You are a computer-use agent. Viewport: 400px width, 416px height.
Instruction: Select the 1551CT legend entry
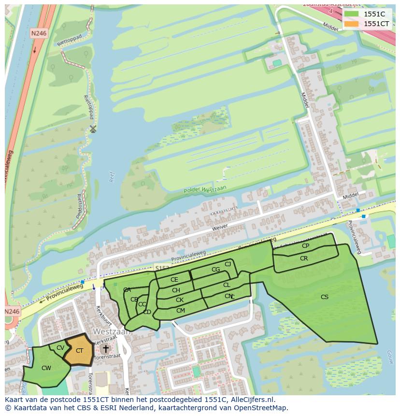tap(367, 24)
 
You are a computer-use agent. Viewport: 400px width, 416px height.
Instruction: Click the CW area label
tap(46, 368)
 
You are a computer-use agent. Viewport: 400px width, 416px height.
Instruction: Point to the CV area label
tap(60, 348)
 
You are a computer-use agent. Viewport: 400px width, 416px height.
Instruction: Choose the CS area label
tap(325, 297)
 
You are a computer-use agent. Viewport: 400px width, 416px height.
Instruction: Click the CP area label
tap(305, 246)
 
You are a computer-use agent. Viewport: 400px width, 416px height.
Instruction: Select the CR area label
tap(304, 258)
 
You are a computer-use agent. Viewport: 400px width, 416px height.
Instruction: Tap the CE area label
tap(174, 280)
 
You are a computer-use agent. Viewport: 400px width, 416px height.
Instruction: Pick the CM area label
tap(181, 311)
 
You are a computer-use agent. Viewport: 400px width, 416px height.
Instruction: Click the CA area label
tap(127, 290)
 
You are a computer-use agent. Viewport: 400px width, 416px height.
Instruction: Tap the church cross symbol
tap(105, 348)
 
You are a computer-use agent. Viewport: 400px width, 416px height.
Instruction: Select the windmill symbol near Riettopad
tap(93, 129)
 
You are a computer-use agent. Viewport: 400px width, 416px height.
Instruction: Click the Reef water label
tap(112, 177)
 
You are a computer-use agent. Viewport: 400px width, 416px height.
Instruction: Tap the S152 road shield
tap(162, 267)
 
